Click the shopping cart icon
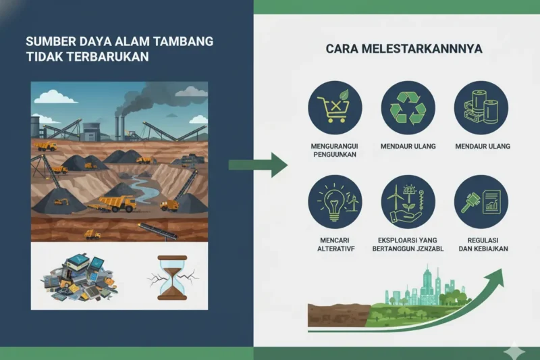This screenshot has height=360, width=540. coord(335,107)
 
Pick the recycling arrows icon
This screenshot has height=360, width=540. coord(408,107)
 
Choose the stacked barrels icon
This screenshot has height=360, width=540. coord(481,107)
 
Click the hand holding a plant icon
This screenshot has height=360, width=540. coord(408,202)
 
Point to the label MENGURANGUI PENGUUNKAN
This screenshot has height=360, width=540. coord(335,150)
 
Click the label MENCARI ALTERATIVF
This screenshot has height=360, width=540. coord(335,244)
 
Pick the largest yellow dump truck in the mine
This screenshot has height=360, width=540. coord(117,203)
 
